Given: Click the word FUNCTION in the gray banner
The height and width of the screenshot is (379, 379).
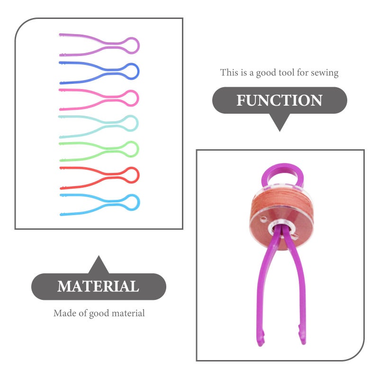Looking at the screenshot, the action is [x=279, y=100].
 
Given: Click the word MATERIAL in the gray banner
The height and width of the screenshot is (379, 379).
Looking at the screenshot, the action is [x=98, y=287].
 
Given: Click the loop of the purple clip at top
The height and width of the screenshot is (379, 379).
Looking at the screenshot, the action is [x=139, y=45].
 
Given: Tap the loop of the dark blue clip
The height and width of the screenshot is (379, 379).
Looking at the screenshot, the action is [x=139, y=72].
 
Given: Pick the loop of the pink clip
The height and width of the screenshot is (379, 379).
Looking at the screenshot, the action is [x=138, y=98].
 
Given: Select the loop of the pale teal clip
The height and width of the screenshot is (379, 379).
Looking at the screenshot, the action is [x=138, y=123].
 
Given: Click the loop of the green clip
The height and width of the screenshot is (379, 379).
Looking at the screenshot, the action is [x=138, y=149].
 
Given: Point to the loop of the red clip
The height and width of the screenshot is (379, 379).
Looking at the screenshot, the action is [x=139, y=175].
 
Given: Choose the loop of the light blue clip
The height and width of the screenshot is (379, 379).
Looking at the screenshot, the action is [x=139, y=202].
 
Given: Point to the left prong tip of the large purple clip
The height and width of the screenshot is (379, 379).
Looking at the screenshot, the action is [x=260, y=343].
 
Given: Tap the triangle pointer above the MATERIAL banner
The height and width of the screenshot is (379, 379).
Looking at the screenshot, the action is [x=99, y=265].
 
